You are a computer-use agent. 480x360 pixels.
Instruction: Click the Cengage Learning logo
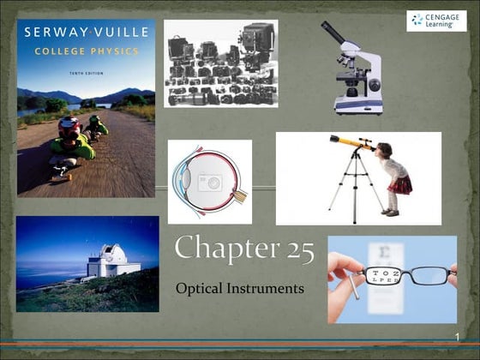coord(436,21)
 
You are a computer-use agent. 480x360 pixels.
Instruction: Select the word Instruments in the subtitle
coord(267,289)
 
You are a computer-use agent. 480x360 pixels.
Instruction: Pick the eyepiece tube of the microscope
coord(335,33)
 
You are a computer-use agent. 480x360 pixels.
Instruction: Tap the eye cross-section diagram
coord(209,182)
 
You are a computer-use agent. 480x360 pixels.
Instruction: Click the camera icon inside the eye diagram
coord(209,183)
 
